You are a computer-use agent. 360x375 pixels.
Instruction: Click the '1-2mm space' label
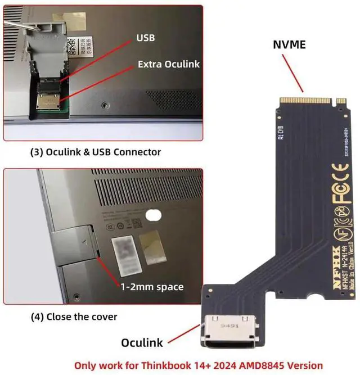click(x=152, y=287)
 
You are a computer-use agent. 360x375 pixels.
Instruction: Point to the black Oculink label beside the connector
click(x=142, y=342)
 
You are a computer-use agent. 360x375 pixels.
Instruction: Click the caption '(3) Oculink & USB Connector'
click(x=95, y=152)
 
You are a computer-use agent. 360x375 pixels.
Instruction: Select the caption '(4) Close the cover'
click(x=74, y=317)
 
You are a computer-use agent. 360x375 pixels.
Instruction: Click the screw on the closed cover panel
click(x=75, y=296)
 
